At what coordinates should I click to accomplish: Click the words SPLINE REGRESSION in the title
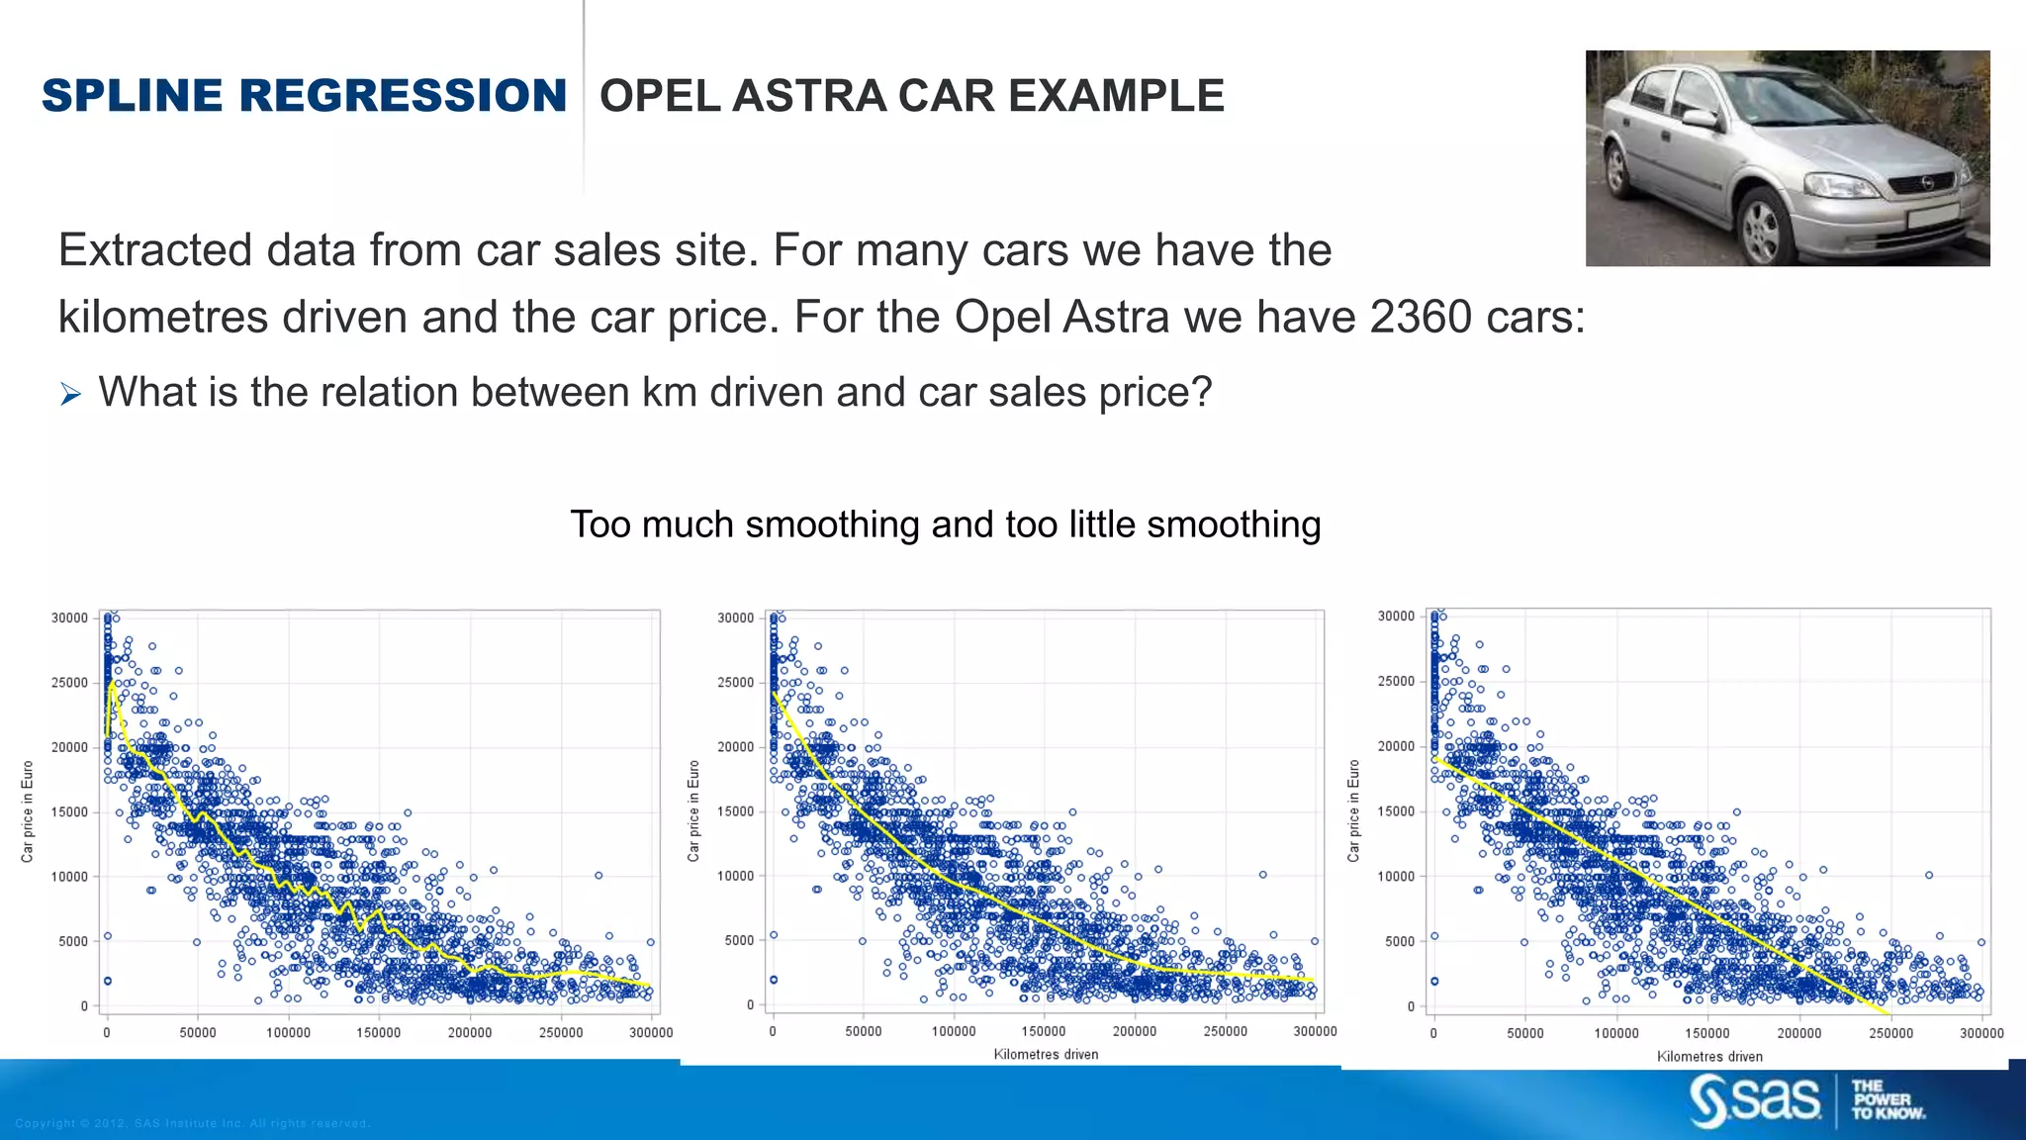[304, 96]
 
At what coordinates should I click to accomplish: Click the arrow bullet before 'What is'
[70, 395]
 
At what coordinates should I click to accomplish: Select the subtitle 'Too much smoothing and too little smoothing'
[945, 524]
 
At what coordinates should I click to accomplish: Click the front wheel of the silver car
[1761, 227]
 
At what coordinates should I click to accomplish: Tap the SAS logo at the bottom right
[1755, 1100]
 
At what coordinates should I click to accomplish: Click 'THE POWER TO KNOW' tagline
[1887, 1100]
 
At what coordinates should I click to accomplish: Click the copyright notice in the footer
[192, 1123]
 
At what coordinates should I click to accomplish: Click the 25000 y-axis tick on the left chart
[69, 683]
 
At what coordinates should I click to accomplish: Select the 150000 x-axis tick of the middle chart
[1044, 1031]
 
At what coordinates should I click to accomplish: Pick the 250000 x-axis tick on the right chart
[1890, 1033]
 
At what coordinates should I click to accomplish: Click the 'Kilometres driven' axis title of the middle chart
[1046, 1055]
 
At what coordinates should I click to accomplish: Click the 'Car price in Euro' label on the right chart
[1353, 810]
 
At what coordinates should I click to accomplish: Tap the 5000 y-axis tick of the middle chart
[739, 940]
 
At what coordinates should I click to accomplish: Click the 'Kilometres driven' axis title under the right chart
[1709, 1057]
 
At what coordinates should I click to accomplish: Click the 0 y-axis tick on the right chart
[1411, 1006]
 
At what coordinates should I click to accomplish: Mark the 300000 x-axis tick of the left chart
[651, 1032]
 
